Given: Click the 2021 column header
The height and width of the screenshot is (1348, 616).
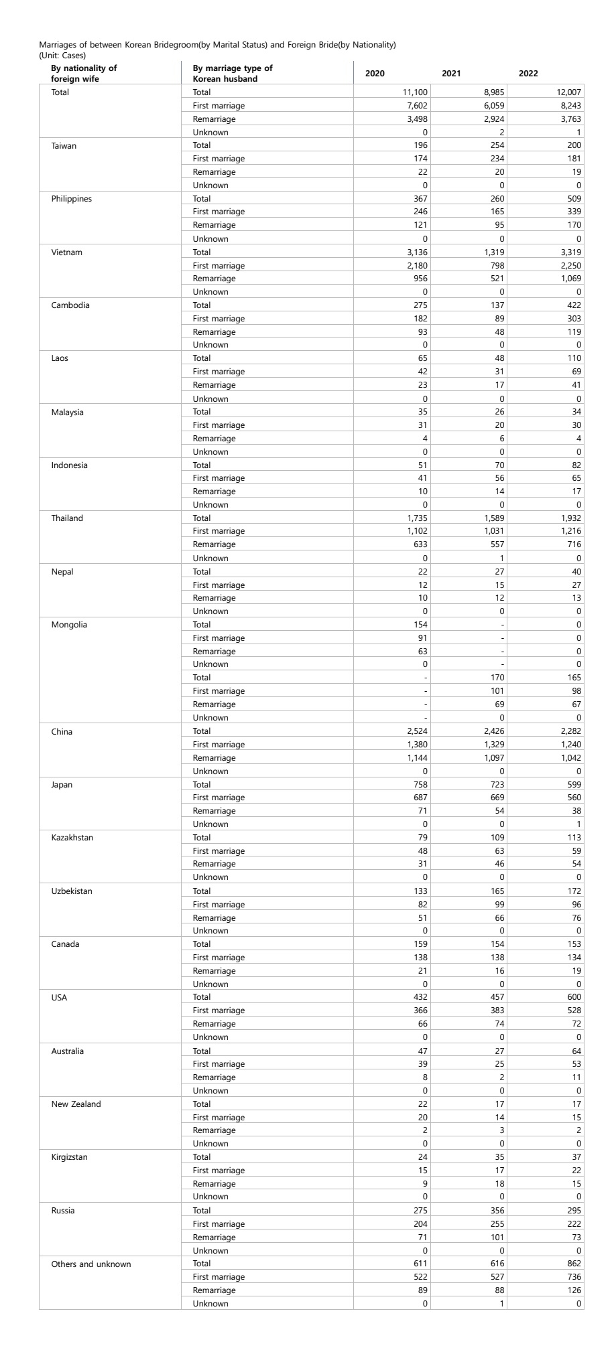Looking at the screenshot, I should pyautogui.click(x=451, y=74).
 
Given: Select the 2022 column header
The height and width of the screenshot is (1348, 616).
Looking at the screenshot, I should pyautogui.click(x=528, y=74).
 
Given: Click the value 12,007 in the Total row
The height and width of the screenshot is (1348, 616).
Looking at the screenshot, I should pyautogui.click(x=567, y=92).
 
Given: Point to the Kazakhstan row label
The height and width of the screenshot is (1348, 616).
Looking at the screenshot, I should pyautogui.click(x=72, y=838).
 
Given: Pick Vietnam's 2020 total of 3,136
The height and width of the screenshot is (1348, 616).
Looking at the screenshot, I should pyautogui.click(x=416, y=252).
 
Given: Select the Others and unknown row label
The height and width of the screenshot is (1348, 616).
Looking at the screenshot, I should pyautogui.click(x=91, y=1264).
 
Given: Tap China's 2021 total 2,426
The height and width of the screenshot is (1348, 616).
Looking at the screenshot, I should pyautogui.click(x=493, y=731).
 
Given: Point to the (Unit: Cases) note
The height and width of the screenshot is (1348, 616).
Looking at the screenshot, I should pyautogui.click(x=62, y=56).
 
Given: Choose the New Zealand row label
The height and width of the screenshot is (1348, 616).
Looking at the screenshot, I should pyautogui.click(x=76, y=1104).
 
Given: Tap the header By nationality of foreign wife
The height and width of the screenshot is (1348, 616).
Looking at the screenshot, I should pyautogui.click(x=84, y=73).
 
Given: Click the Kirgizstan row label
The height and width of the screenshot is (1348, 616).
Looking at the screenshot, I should pyautogui.click(x=70, y=1157).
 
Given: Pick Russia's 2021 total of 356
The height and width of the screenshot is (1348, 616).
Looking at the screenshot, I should pyautogui.click(x=497, y=1211).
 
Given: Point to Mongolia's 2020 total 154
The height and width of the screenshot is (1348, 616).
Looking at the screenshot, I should pyautogui.click(x=420, y=625).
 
